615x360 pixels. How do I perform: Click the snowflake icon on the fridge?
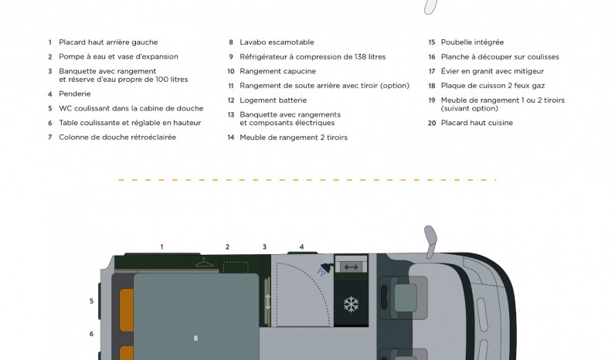click(351, 304)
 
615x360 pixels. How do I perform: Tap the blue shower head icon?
click(325, 270)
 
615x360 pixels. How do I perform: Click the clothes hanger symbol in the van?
click(204, 263)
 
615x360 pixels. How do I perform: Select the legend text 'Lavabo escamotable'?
click(277, 42)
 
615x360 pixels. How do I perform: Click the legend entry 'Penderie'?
click(74, 94)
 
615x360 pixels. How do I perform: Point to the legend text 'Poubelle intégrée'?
click(472, 42)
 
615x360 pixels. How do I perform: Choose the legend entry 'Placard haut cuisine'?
click(477, 123)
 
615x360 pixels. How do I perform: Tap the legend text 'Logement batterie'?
click(273, 100)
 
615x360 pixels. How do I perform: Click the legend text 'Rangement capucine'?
click(277, 71)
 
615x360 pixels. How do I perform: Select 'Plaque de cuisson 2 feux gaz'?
click(493, 86)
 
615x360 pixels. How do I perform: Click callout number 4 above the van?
click(301, 247)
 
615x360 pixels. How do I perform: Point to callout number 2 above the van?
click(227, 247)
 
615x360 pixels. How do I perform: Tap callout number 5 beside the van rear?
click(91, 301)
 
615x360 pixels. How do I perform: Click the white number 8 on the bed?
click(195, 338)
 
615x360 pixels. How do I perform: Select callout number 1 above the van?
click(161, 247)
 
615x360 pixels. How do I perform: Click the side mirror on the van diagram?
click(431, 241)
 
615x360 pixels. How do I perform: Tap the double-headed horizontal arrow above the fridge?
click(351, 267)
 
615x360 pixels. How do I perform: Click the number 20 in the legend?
click(432, 123)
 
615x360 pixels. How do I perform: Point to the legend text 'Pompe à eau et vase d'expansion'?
click(118, 57)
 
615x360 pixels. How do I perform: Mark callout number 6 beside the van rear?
click(91, 334)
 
